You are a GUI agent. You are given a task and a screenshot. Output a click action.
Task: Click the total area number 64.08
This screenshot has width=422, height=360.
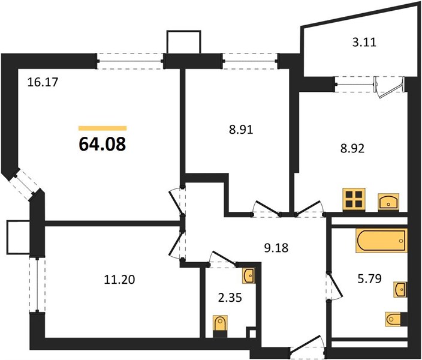click(x=103, y=144)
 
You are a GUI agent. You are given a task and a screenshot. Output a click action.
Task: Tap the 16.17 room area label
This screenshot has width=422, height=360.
click(x=43, y=82)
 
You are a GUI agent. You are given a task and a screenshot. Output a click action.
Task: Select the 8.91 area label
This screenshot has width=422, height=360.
click(x=241, y=130)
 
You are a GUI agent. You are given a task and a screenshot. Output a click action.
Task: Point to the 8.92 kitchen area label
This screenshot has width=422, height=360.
click(x=352, y=148)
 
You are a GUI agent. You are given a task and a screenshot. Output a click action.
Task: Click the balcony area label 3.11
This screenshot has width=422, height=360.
click(x=364, y=43)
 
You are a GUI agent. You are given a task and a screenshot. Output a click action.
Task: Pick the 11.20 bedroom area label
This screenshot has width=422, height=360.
click(x=119, y=280)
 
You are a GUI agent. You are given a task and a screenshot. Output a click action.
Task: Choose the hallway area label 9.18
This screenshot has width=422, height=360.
click(x=276, y=248)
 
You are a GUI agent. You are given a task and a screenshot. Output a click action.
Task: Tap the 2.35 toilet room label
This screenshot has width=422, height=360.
click(x=230, y=298)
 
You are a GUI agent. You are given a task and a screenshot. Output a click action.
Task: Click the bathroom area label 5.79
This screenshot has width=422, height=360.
click(x=369, y=278)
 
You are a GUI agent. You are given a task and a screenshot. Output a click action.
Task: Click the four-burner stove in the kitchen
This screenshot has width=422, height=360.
click(x=354, y=199)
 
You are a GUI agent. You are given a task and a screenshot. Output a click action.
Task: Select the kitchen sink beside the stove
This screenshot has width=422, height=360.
click(x=388, y=201)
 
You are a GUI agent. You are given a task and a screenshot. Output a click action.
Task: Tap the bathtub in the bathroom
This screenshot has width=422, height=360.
click(x=381, y=241)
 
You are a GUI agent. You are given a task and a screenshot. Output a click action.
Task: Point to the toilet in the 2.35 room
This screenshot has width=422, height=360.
click(x=220, y=326)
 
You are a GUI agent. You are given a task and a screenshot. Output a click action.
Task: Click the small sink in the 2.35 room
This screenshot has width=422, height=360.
click(x=249, y=275)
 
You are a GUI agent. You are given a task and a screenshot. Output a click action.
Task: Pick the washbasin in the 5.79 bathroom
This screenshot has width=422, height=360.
click(x=400, y=289)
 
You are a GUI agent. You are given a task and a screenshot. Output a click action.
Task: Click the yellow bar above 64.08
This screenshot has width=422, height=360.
click(x=103, y=128)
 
